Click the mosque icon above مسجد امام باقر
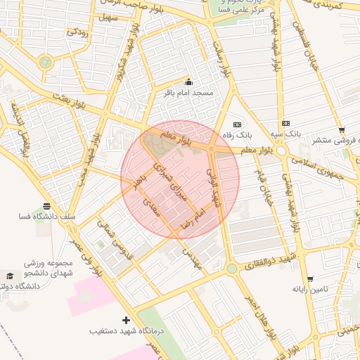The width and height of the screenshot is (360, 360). [188, 82]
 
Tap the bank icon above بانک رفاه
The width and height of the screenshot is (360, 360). [236, 124]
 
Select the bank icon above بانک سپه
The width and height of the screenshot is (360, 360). [285, 123]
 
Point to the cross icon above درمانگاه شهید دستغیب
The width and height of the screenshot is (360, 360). [127, 320]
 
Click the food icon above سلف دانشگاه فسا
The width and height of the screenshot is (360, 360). [47, 206]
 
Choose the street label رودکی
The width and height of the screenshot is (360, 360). [77, 32]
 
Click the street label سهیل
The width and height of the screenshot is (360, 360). [110, 16]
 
